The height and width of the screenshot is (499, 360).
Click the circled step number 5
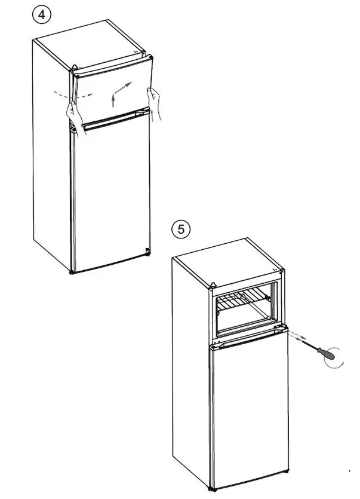click(x=180, y=228)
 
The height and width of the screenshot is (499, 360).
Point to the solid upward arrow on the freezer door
click(x=112, y=99)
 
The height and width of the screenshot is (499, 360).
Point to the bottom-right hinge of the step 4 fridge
click(x=146, y=252)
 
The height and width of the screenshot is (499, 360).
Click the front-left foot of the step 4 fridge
click(x=72, y=273)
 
